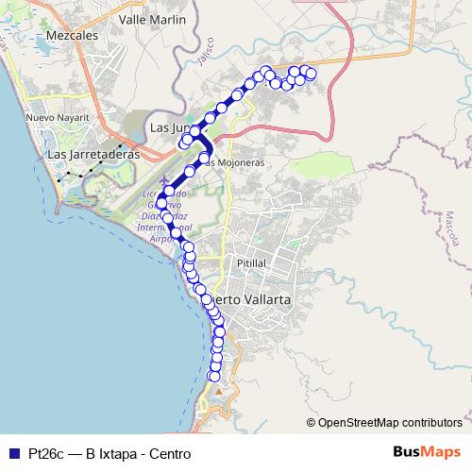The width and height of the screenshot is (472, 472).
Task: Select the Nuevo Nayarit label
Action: point(58,117)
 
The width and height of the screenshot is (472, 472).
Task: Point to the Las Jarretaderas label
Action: point(93,153)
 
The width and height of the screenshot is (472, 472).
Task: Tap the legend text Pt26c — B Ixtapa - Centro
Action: point(110,453)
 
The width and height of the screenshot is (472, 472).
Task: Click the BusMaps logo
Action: point(425,452)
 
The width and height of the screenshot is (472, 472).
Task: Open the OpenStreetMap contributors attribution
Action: point(389,422)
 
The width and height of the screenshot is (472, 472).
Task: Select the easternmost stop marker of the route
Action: point(311,74)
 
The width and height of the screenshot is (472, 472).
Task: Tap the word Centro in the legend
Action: point(170,453)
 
